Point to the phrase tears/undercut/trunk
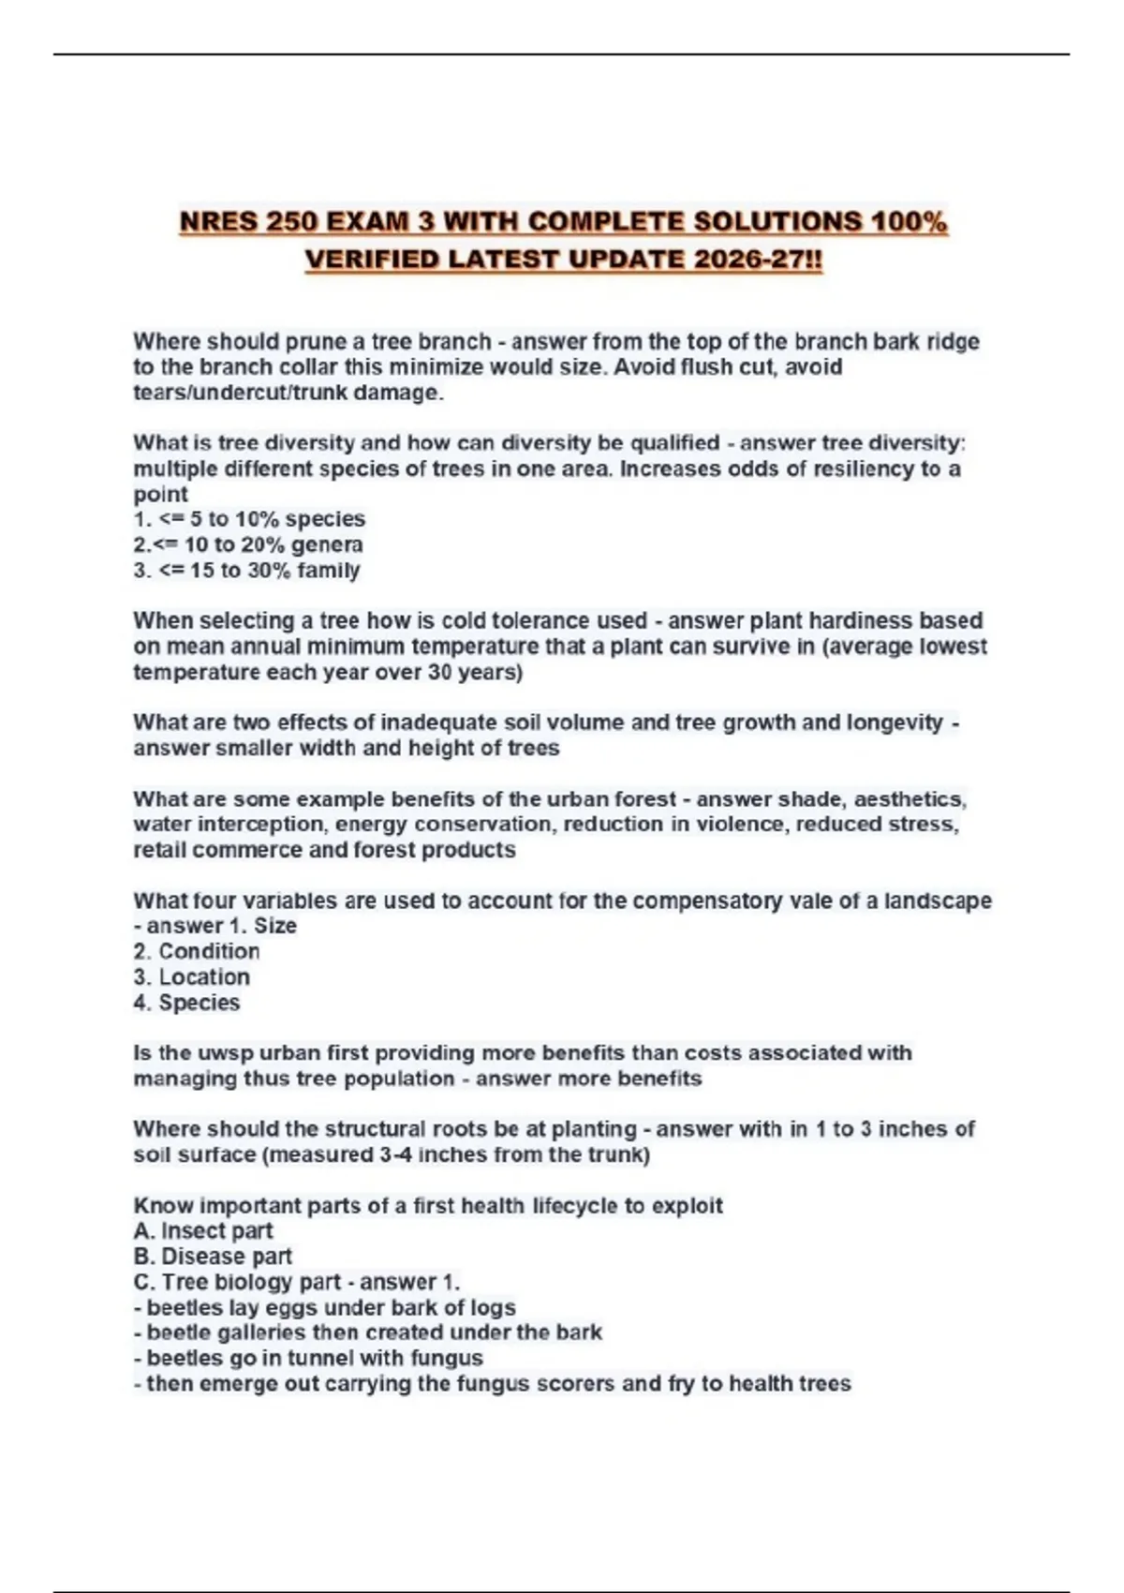240,393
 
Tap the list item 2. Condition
197,951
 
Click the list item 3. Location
192,976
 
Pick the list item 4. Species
187,1003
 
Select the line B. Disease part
214,1257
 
